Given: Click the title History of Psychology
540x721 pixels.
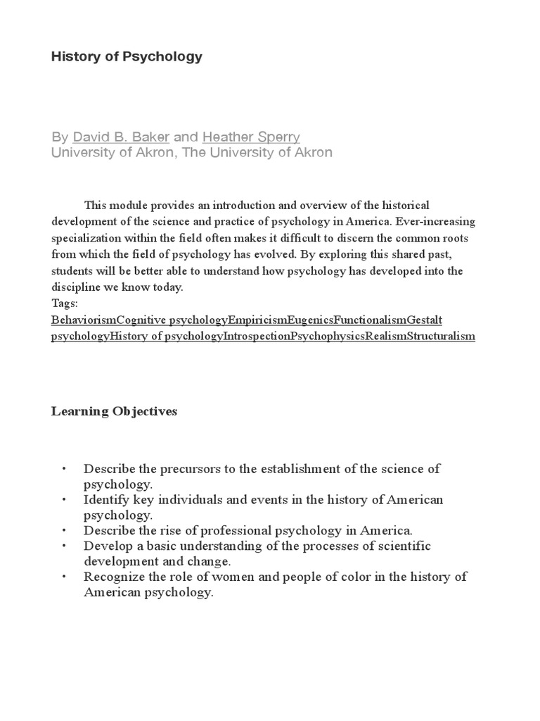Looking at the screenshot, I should click(x=127, y=57).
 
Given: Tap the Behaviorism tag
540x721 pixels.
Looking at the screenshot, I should click(x=84, y=320).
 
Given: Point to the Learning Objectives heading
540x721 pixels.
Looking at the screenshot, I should click(x=114, y=411).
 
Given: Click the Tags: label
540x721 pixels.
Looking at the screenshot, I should click(x=65, y=303).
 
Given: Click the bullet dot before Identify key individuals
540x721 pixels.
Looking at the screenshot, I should click(x=63, y=500).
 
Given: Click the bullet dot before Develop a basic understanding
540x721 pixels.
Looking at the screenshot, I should click(x=63, y=546).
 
